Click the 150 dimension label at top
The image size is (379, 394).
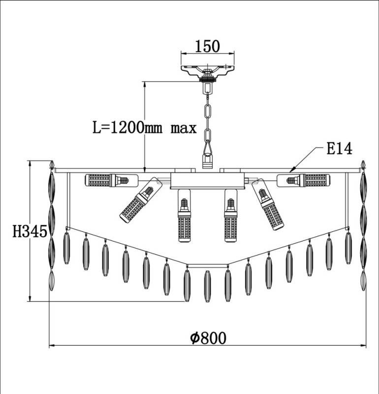click(207, 46)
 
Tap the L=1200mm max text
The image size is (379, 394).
click(145, 128)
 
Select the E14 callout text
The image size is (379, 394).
click(339, 149)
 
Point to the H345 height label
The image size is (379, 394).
click(30, 231)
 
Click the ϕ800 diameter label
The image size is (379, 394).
click(208, 338)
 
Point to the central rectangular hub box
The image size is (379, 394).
click(207, 180)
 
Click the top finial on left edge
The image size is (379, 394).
click(52, 164)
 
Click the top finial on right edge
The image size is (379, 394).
click(363, 164)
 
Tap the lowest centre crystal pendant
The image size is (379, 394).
click(207, 286)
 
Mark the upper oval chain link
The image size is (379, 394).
click(207, 112)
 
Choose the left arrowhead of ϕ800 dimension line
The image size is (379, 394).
click(52, 345)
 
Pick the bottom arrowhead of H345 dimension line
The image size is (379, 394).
click(30, 298)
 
